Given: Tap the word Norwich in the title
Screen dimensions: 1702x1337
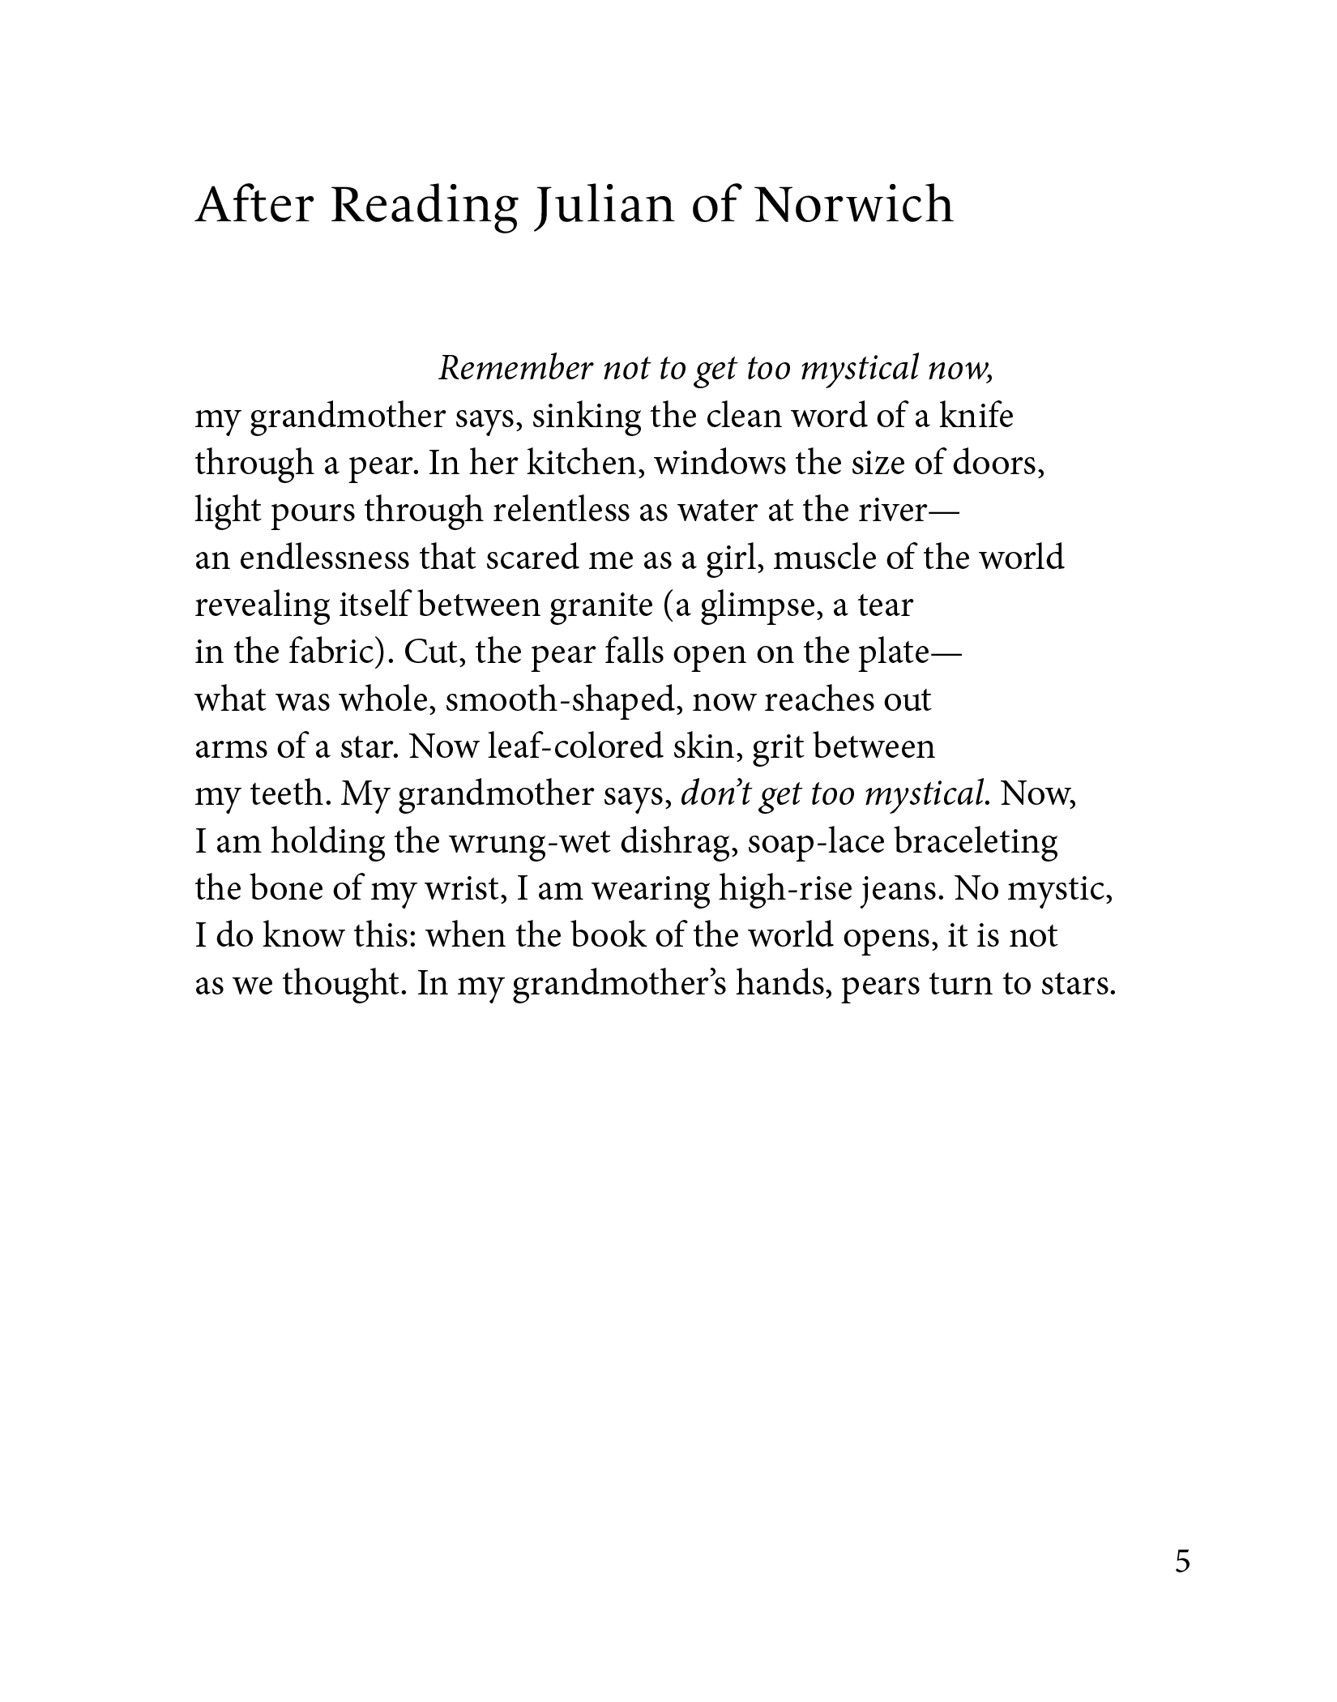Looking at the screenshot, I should (x=854, y=205).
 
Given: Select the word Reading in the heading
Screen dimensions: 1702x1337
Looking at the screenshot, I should (x=423, y=205).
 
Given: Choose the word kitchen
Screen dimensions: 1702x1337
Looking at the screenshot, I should (x=587, y=463).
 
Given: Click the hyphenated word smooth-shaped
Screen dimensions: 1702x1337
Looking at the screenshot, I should (x=561, y=699).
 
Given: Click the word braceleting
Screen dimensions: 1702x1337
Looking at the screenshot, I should (x=976, y=841).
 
